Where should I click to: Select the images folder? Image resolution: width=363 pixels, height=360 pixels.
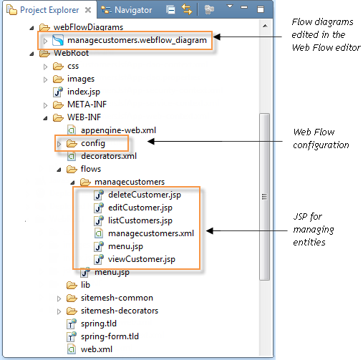tap(80, 79)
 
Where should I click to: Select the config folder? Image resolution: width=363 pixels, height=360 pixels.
tap(92, 143)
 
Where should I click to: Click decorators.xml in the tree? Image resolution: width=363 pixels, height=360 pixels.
tap(107, 156)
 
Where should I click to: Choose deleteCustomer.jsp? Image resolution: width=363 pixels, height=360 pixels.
tap(144, 195)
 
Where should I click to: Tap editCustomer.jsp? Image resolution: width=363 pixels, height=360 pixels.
tap(140, 208)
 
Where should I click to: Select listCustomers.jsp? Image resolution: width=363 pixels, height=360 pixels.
tap(140, 220)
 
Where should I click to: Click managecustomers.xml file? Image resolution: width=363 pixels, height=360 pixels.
tap(150, 233)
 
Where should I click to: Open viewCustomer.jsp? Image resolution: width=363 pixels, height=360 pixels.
tap(141, 259)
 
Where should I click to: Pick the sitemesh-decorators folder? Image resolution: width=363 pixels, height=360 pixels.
tap(119, 311)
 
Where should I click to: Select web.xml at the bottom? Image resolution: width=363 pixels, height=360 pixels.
tap(96, 349)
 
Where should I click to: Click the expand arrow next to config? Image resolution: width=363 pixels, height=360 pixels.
tap(59, 144)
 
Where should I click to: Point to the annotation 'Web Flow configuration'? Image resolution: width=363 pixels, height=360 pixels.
tap(321, 139)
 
